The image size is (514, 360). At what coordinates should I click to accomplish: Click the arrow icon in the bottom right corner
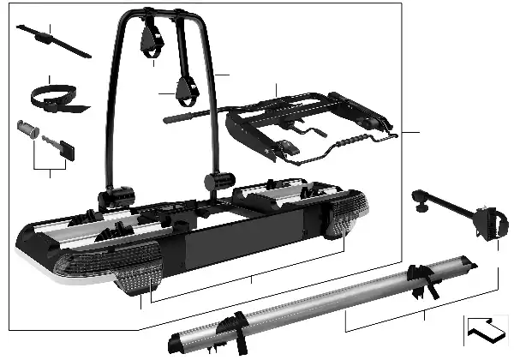tap(484, 330)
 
